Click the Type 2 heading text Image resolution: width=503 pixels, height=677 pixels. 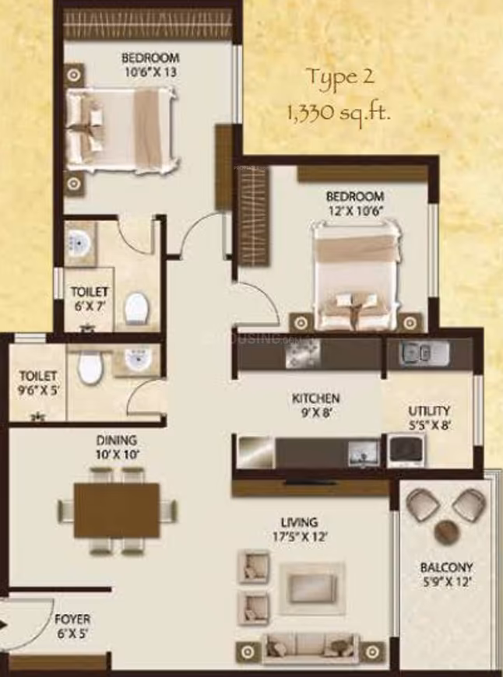pyautogui.click(x=340, y=78)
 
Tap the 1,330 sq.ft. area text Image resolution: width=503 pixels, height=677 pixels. pyautogui.click(x=339, y=113)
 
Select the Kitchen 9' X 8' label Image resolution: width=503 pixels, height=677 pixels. pyautogui.click(x=316, y=405)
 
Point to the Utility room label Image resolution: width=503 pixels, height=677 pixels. pyautogui.click(x=429, y=418)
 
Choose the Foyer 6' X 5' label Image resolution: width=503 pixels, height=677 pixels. pyautogui.click(x=72, y=626)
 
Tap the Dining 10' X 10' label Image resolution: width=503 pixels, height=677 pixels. pyautogui.click(x=116, y=447)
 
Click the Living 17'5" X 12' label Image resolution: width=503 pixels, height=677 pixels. pyautogui.click(x=299, y=529)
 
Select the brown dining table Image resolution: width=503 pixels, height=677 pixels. pyautogui.click(x=117, y=510)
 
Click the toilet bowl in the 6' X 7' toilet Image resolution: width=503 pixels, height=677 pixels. pyautogui.click(x=136, y=307)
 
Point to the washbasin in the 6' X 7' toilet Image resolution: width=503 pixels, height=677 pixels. pyautogui.click(x=79, y=243)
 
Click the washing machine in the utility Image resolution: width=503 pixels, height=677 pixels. pyautogui.click(x=406, y=450)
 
